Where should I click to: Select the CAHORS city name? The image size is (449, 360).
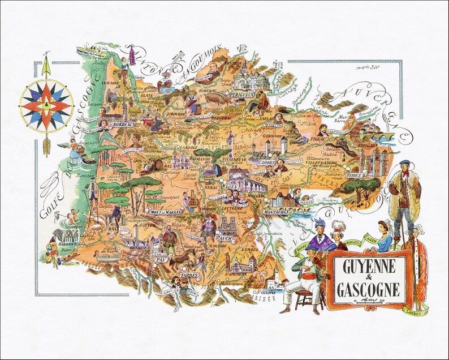[266, 162]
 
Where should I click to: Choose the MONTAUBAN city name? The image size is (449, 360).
[278, 211]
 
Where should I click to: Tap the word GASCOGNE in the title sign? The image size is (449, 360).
[369, 290]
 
